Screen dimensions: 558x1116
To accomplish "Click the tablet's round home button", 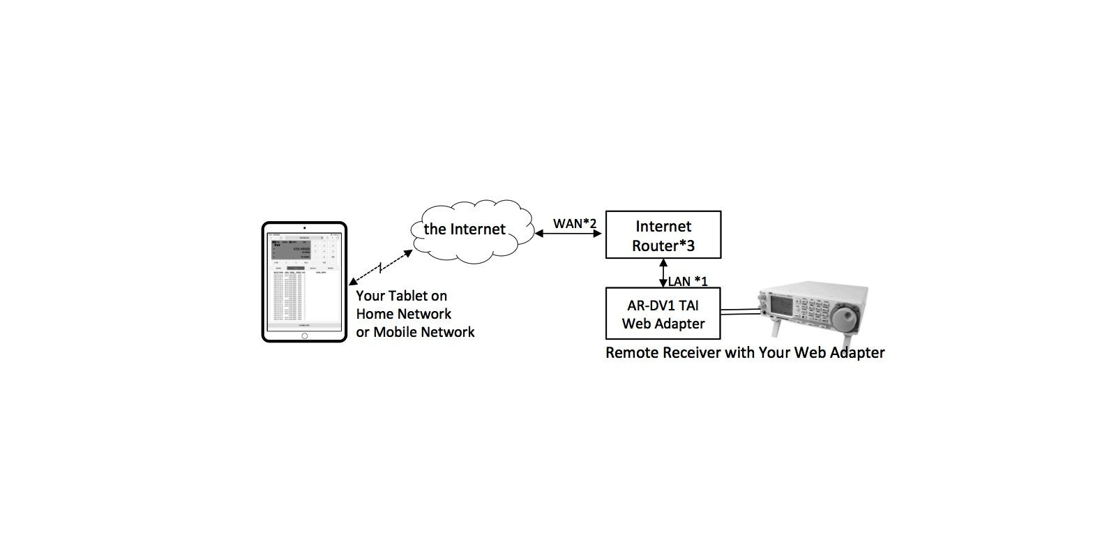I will pos(304,335).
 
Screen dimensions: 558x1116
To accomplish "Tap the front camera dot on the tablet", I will pos(304,228).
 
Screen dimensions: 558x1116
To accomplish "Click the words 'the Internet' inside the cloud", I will pos(465,229).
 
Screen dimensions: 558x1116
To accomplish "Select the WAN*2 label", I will pos(575,223).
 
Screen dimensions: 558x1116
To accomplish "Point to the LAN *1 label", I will pos(688,281).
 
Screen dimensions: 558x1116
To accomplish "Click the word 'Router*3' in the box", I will pos(663,246).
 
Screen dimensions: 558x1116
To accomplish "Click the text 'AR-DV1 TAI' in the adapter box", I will pos(663,305).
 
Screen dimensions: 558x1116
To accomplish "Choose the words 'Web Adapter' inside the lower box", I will pos(663,324).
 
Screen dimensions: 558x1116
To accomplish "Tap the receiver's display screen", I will pos(783,305).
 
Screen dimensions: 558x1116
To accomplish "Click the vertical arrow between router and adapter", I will pos(663,273).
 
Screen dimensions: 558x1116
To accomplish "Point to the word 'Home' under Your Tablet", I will pos(375,314).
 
